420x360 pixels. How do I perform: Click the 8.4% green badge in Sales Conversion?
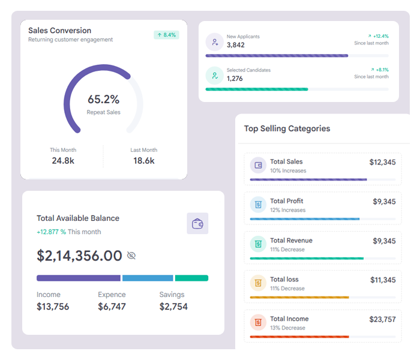166,35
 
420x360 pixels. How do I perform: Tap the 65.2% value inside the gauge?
103,100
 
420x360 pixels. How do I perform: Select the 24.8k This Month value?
63,161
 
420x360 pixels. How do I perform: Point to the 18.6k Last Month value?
144,161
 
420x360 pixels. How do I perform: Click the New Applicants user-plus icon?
215,42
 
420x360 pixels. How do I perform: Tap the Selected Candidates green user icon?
215,76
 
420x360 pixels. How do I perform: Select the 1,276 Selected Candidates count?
235,79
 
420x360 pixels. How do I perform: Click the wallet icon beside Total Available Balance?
197,223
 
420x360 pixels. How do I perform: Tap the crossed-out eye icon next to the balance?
131,256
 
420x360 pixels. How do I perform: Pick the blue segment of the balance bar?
148,278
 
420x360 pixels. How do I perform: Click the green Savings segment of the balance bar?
192,278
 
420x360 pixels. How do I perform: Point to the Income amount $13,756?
53,307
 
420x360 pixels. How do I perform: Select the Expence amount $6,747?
112,307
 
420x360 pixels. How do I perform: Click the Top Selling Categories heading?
287,128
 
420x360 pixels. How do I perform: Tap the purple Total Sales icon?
258,165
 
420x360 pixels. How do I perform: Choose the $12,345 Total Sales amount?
383,163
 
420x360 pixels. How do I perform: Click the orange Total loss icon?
258,283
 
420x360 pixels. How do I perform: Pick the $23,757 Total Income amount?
383,319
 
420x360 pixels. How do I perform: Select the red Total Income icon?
258,322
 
